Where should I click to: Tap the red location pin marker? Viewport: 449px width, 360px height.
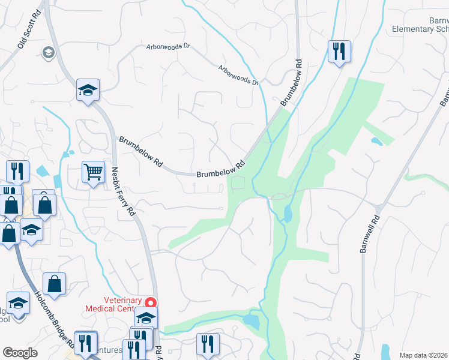152,303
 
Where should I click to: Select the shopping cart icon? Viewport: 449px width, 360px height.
93,172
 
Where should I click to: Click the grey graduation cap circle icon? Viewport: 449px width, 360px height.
47,53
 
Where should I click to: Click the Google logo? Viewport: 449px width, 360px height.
20,353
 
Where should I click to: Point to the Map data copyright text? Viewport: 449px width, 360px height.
424,355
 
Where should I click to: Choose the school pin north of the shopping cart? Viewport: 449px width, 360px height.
88,91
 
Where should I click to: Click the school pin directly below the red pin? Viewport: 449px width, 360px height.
146,317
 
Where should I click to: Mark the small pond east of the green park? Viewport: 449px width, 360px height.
376,142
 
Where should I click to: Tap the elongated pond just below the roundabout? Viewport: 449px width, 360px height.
288,214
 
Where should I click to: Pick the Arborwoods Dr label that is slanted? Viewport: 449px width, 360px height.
238,74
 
